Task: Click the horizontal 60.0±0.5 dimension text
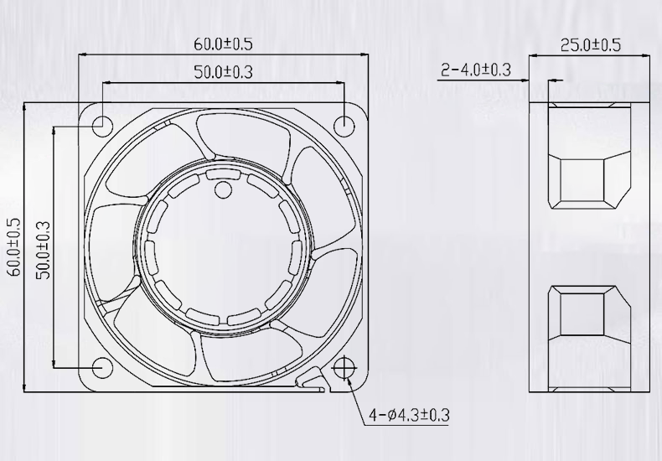coord(223,44)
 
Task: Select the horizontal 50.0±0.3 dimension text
coord(223,72)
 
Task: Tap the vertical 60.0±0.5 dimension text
coord(13,247)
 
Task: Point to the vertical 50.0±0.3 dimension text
coord(42,247)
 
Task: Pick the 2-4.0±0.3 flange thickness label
coord(476,70)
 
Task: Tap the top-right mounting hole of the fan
coord(344,125)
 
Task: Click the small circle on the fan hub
coord(223,190)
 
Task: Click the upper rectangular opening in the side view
coord(583,179)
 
